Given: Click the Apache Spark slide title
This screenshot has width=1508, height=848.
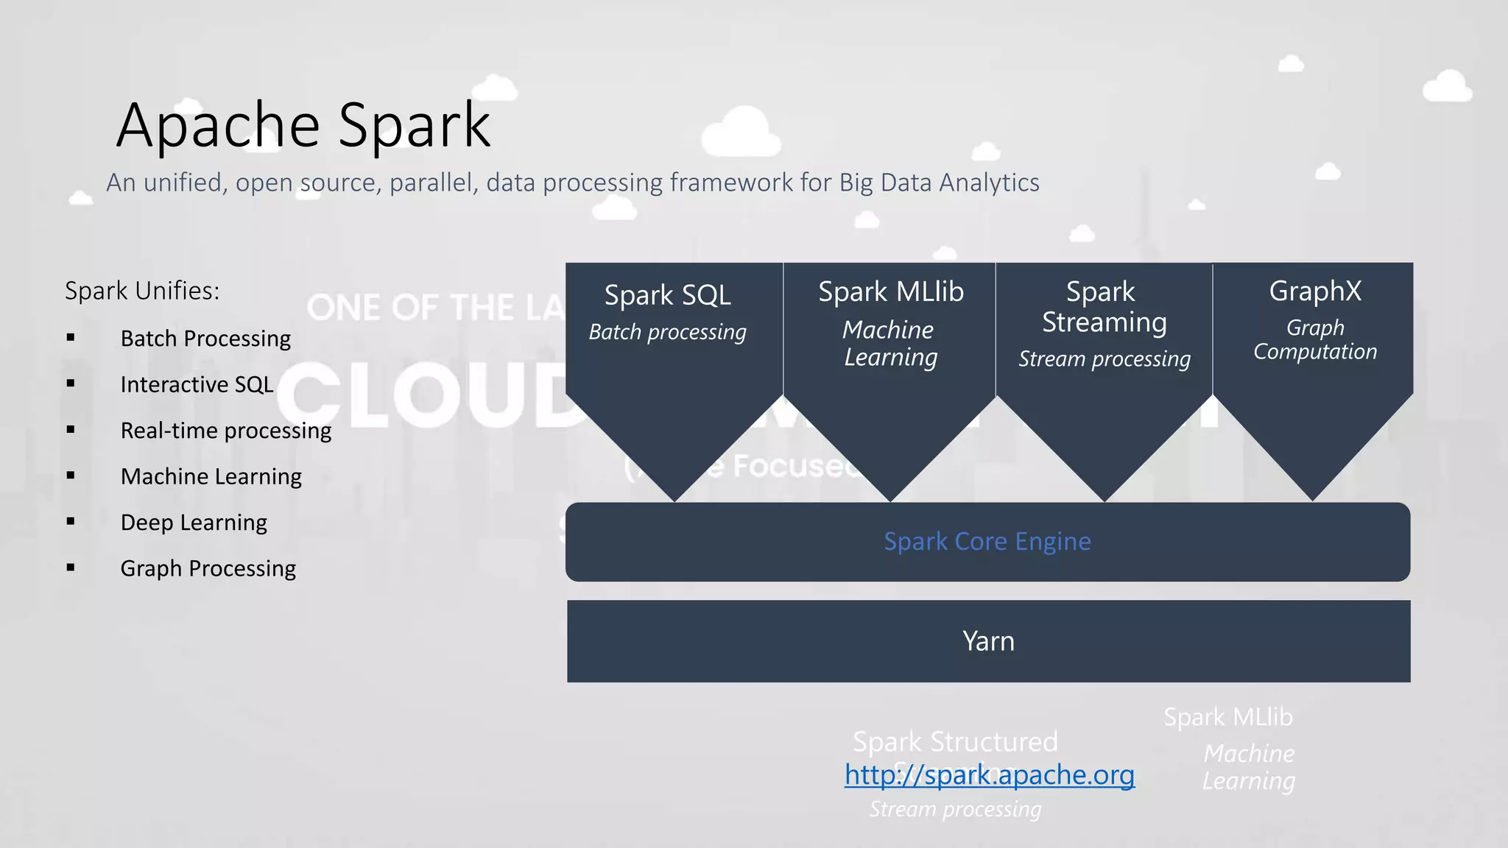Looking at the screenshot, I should point(303,125).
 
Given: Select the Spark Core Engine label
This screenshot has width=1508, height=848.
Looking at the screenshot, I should point(987,542).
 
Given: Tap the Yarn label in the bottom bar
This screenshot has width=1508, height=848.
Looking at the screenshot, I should point(988,641).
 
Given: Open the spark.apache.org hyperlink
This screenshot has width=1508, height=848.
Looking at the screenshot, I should point(989,775).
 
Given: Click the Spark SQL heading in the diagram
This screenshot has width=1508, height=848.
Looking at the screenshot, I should point(667,295).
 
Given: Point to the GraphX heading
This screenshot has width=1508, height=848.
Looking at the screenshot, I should point(1315,291).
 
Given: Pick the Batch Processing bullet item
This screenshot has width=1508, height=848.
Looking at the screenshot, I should point(205,339).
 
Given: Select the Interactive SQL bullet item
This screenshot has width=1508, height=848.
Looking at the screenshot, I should point(197,385).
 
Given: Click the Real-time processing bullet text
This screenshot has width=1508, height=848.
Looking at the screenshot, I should point(225,431).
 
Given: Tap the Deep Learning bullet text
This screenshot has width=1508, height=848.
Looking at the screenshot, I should point(194,523).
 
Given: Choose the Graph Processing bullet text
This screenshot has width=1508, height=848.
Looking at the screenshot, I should point(208,568).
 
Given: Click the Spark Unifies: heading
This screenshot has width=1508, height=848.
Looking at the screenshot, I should point(142,291).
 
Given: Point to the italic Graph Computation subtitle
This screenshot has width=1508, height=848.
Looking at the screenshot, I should point(1315,340).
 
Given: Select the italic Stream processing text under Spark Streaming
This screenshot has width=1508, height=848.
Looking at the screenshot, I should point(1104,359).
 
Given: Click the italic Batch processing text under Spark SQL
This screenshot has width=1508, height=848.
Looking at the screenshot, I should point(667,333).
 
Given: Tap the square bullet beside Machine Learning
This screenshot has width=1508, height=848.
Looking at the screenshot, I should point(71,476).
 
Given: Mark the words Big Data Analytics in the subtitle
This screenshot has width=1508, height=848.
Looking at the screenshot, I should point(939,183).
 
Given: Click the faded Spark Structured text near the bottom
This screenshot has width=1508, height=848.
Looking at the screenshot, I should point(955,741).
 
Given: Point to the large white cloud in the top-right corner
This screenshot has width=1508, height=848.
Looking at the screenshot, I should point(1447,87).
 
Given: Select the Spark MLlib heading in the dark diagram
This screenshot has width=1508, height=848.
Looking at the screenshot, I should point(891,292).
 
